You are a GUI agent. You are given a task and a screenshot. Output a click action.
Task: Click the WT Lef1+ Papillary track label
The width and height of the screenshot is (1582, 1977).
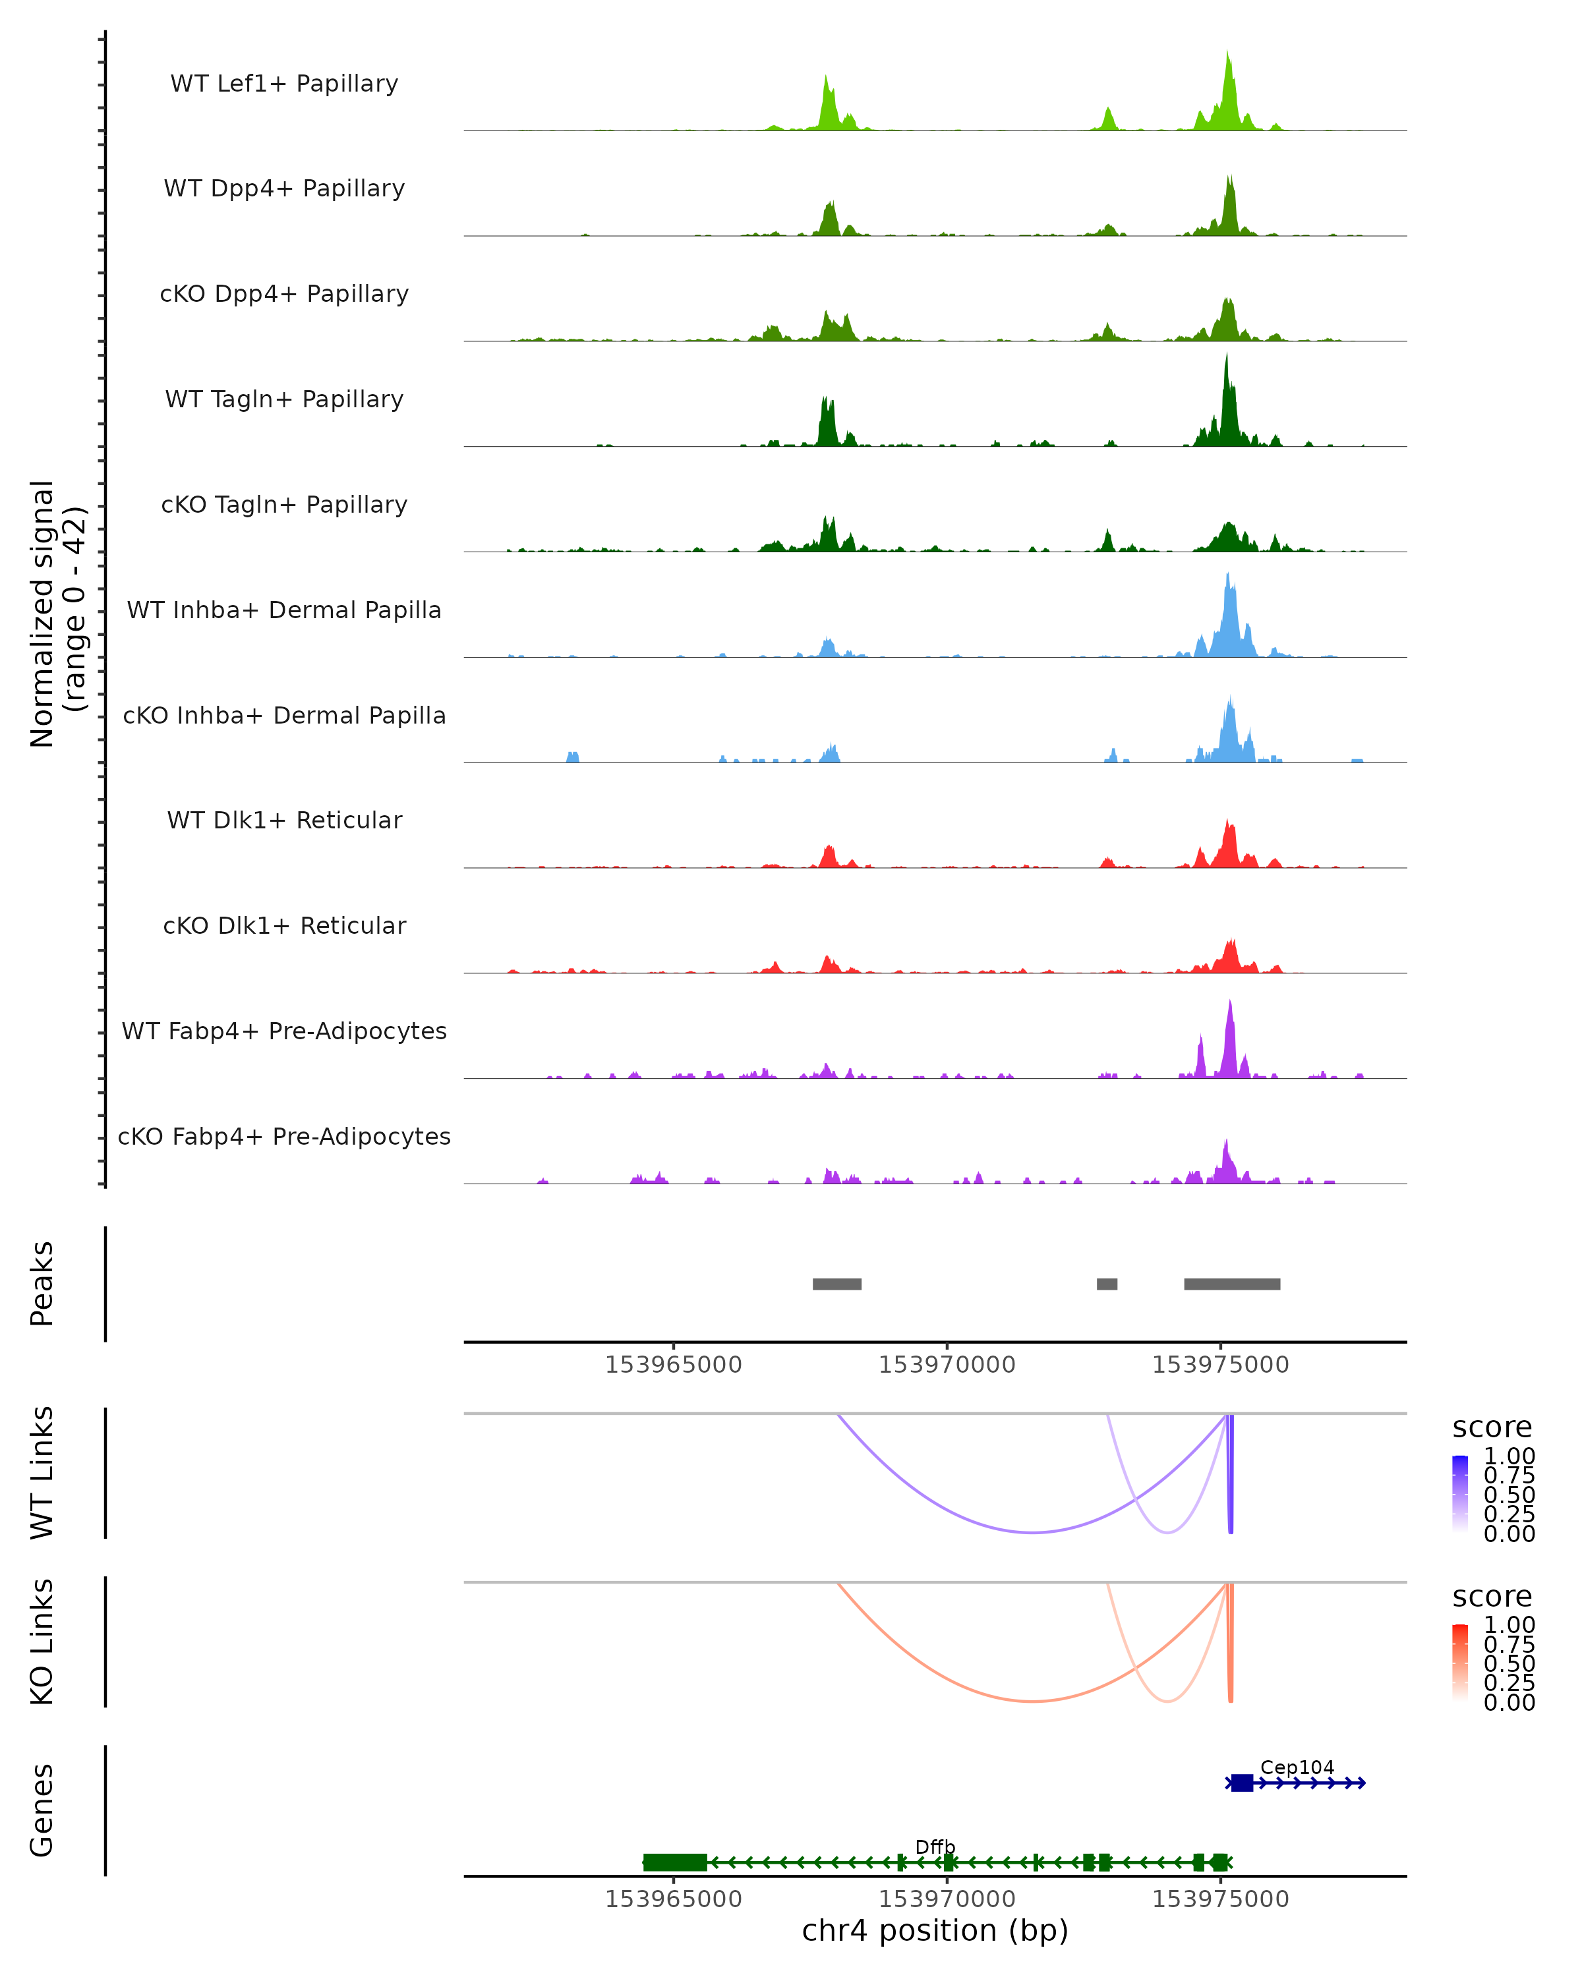tap(284, 84)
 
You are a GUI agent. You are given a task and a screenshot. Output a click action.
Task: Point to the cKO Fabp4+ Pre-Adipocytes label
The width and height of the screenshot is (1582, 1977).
tap(284, 1136)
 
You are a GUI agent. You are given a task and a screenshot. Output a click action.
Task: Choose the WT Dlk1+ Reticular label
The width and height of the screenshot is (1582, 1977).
tap(284, 820)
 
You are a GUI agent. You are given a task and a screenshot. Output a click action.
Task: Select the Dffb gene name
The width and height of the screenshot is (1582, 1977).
tap(935, 1847)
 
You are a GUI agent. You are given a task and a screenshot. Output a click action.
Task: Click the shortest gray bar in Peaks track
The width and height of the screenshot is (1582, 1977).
tap(1107, 1284)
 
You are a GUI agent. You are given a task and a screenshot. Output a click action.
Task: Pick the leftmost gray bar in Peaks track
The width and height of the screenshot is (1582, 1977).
tap(836, 1284)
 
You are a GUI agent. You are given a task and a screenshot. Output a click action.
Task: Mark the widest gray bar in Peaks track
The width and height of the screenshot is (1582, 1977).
tap(1232, 1284)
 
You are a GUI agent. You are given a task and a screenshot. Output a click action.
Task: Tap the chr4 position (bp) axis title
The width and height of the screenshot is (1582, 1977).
tap(935, 1930)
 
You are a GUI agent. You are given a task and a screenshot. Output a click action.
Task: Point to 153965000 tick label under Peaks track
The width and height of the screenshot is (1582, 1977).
tap(673, 1365)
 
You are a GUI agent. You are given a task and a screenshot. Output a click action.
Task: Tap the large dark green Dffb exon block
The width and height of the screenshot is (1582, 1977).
tap(675, 1862)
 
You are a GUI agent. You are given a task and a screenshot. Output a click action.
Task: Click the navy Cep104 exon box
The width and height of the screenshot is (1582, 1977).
tap(1242, 1783)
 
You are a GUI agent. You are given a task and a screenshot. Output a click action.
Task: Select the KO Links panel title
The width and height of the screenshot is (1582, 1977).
tap(42, 1642)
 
